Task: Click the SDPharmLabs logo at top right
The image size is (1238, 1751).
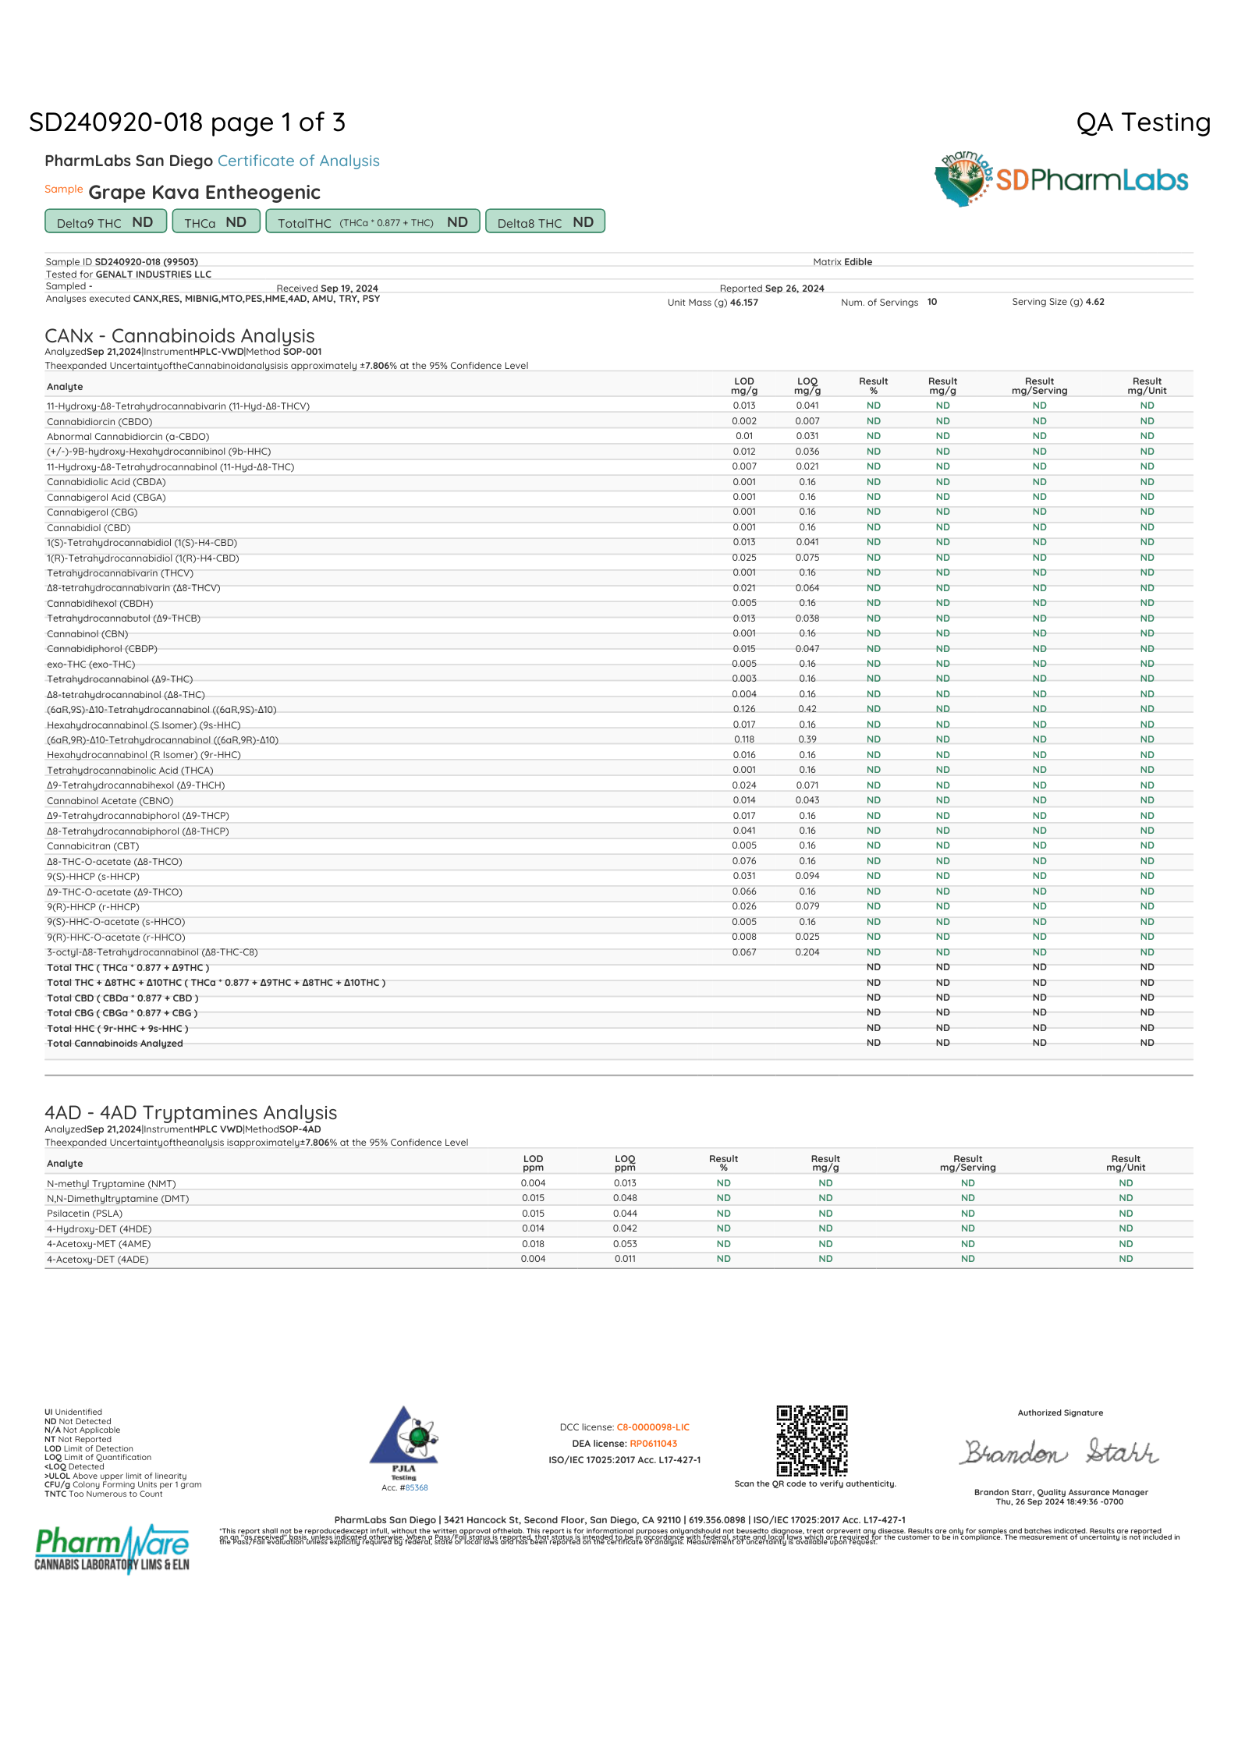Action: coord(1061,179)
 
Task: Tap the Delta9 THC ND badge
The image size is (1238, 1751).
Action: coord(105,222)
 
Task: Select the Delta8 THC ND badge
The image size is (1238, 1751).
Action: coord(545,222)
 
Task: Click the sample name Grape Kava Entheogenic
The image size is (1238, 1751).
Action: coord(204,193)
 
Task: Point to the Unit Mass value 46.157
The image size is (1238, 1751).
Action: coord(744,303)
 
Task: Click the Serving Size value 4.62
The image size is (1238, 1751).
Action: coord(1094,302)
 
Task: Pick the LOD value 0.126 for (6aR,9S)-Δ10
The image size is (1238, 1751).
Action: coord(744,709)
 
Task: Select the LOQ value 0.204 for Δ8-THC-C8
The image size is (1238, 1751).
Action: coord(807,952)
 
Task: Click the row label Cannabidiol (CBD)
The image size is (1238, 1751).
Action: coord(89,528)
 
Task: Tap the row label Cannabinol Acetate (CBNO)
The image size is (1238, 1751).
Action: coord(110,801)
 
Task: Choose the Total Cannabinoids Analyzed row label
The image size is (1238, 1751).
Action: coord(115,1044)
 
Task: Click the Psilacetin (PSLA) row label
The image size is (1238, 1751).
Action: coord(85,1214)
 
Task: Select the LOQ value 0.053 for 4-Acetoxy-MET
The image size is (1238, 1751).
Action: coord(625,1244)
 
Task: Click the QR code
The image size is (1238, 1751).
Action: coord(811,1441)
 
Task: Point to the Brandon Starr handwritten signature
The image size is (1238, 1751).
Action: coord(1059,1452)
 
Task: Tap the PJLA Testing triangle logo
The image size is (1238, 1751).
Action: coord(404,1439)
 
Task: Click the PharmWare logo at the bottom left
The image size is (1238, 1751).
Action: coord(112,1548)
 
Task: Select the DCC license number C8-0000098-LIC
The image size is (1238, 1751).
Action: coord(653,1427)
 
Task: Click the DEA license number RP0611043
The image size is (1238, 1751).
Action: coord(653,1444)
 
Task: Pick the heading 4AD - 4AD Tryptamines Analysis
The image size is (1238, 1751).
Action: coord(191,1113)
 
